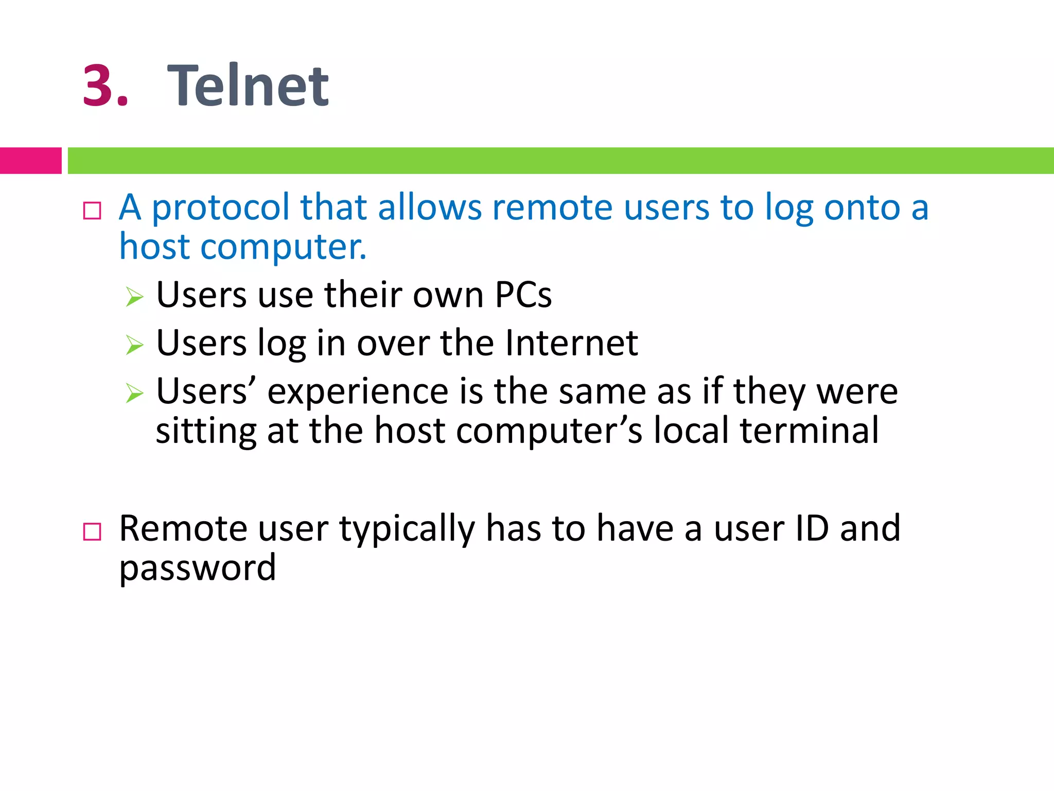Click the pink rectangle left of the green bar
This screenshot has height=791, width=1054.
click(x=30, y=161)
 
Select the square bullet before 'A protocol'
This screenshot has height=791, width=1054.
click(x=92, y=211)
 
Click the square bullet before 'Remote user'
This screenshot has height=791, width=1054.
click(x=92, y=531)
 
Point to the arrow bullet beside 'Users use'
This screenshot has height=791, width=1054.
click(x=134, y=297)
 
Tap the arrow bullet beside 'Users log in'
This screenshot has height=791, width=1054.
click(x=134, y=345)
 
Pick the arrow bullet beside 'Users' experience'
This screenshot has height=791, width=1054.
click(x=134, y=393)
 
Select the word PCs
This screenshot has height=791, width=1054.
click(x=523, y=295)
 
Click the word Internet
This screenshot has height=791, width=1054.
click(x=571, y=343)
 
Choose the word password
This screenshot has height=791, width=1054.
click(x=198, y=569)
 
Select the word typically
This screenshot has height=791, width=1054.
click(x=407, y=530)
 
